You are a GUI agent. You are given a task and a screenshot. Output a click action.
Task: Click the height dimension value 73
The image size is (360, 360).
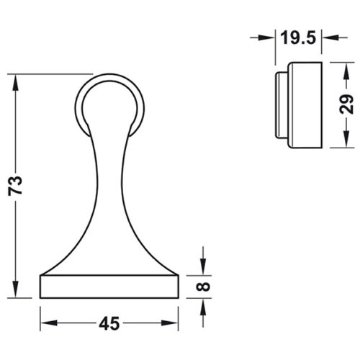[x=22, y=186]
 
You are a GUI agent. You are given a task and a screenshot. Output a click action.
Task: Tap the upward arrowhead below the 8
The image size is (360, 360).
[x=204, y=305]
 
